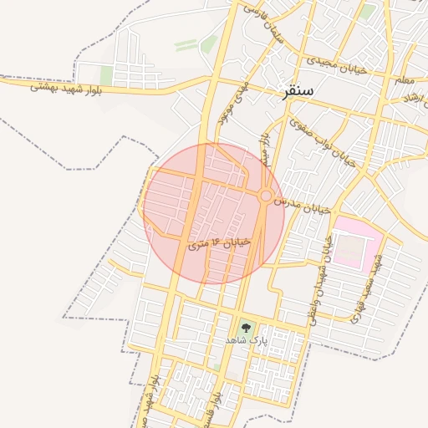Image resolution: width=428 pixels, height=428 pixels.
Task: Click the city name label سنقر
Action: click(298, 92)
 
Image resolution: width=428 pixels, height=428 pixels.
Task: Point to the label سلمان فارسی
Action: click(264, 23)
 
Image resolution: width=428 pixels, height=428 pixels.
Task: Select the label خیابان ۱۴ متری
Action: click(219, 243)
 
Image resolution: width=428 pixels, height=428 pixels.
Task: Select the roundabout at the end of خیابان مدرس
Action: click(266, 196)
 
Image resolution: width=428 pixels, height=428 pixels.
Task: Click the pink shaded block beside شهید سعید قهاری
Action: click(358, 242)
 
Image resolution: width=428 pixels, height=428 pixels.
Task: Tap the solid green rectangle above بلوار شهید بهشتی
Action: click(106, 75)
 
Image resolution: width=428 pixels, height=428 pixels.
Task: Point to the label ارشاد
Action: click(411, 97)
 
